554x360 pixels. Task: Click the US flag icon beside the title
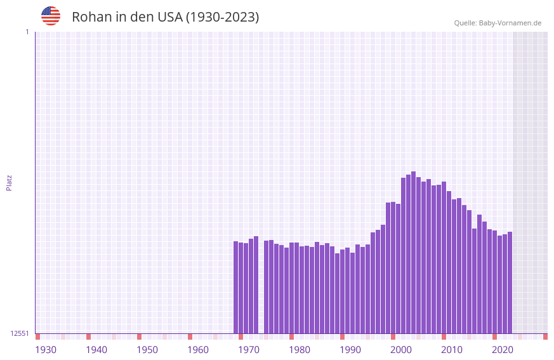[51, 16]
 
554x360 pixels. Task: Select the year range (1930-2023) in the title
[222, 17]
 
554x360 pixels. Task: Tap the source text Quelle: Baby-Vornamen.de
[498, 23]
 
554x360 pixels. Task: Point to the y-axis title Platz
[9, 182]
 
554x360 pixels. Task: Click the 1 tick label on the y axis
[27, 32]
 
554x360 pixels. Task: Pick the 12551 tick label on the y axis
[20, 333]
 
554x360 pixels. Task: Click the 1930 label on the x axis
[46, 350]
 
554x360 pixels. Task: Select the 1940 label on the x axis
[96, 350]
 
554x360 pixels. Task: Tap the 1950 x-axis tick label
[147, 350]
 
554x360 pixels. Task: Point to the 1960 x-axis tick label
[198, 350]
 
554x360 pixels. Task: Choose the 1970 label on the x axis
[249, 350]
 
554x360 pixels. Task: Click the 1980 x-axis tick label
[300, 350]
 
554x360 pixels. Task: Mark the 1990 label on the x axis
[350, 350]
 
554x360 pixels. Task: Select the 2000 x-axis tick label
[401, 350]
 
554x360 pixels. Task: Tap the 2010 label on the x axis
[452, 350]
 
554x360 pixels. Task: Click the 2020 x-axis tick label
[503, 350]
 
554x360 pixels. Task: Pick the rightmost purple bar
[510, 283]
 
